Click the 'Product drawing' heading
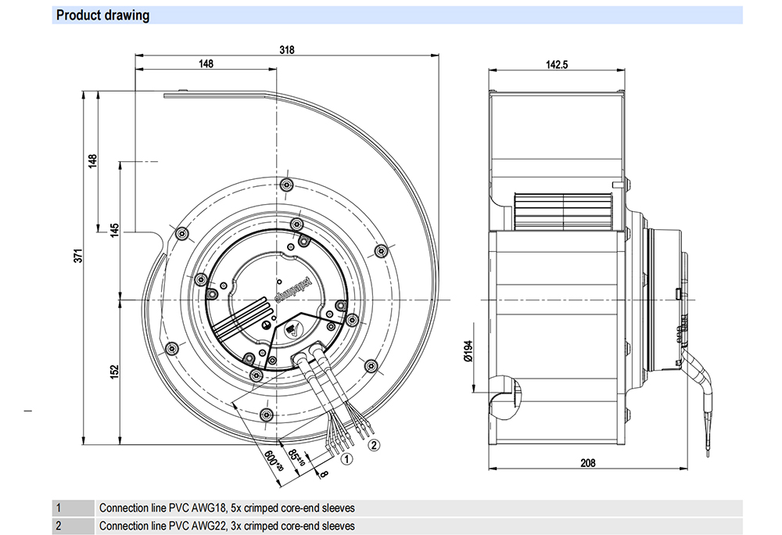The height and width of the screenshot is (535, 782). tap(102, 16)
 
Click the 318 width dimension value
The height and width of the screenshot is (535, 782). tap(286, 49)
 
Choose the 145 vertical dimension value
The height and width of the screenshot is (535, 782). tap(114, 230)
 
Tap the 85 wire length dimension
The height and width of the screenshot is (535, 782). tap(296, 457)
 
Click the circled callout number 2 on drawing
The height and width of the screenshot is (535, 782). tap(374, 444)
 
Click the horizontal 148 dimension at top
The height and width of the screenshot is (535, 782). tap(206, 64)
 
